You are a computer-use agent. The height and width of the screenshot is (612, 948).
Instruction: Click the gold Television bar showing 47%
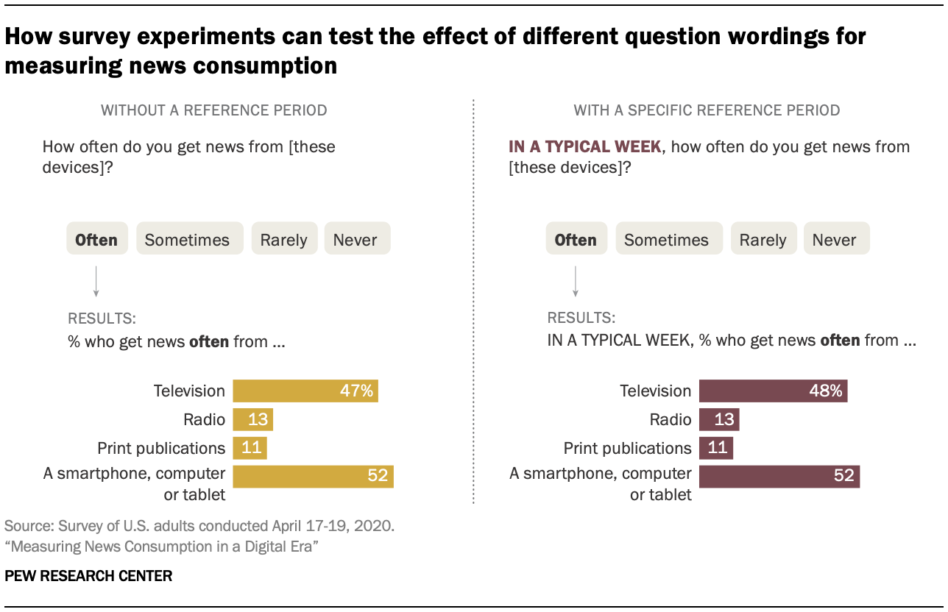pyautogui.click(x=305, y=391)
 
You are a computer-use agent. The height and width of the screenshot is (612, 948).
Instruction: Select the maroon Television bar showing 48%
pyautogui.click(x=773, y=391)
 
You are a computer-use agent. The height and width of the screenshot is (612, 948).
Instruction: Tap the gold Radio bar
pyautogui.click(x=252, y=419)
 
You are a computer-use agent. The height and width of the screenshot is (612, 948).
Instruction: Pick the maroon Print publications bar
pyautogui.click(x=715, y=448)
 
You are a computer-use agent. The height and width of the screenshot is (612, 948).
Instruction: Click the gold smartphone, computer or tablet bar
pyautogui.click(x=313, y=476)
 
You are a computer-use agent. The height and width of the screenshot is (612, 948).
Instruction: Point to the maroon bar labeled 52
pyautogui.click(x=779, y=476)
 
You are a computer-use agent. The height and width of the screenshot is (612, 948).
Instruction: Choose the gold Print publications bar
pyautogui.click(x=250, y=448)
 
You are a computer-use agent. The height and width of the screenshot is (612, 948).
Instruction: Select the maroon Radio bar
pyautogui.click(x=718, y=419)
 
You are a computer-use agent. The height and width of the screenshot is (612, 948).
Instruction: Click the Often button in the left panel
pyautogui.click(x=97, y=239)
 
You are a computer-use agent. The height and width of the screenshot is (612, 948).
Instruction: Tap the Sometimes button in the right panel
pyautogui.click(x=666, y=239)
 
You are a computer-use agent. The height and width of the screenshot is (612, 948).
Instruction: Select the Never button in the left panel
pyautogui.click(x=356, y=239)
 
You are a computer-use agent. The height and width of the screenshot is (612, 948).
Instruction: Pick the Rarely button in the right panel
pyautogui.click(x=763, y=239)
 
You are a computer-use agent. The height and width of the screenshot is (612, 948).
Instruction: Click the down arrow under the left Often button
pyautogui.click(x=96, y=282)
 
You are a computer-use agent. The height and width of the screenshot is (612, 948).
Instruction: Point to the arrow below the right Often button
pyautogui.click(x=576, y=282)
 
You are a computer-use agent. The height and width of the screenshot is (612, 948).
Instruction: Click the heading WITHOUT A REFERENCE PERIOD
pyautogui.click(x=214, y=110)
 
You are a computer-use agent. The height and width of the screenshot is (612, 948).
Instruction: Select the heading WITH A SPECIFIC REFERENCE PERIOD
pyautogui.click(x=707, y=110)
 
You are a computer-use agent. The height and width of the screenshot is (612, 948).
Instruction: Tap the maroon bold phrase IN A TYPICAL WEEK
pyautogui.click(x=585, y=146)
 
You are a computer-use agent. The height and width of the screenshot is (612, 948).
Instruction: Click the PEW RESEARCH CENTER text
pyautogui.click(x=88, y=576)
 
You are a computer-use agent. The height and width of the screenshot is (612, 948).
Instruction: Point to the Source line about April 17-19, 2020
pyautogui.click(x=199, y=527)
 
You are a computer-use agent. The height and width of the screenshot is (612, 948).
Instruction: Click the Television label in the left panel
pyautogui.click(x=190, y=391)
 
